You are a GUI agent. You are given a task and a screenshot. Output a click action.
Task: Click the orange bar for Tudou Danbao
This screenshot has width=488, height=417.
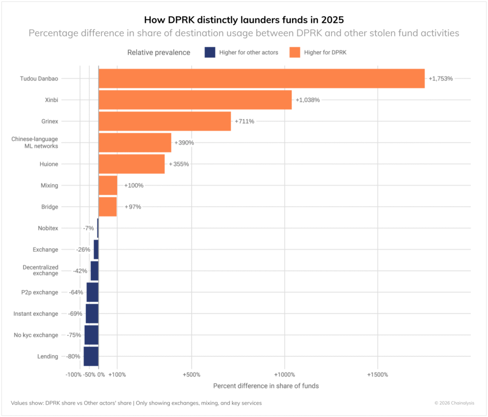(261, 79)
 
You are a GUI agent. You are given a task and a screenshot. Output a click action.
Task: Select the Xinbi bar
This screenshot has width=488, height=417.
(195, 100)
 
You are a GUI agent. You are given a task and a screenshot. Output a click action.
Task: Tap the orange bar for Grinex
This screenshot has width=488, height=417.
(164, 121)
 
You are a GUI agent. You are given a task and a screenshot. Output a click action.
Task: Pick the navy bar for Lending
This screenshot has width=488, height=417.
(91, 356)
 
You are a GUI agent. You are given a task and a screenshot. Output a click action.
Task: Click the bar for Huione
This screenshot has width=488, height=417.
(132, 164)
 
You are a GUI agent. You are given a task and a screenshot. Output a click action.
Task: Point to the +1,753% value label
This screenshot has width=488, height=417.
(440, 79)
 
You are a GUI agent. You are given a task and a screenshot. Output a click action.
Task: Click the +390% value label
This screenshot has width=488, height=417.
(184, 143)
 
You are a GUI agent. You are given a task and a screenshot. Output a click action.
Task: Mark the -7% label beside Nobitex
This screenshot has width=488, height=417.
(88, 229)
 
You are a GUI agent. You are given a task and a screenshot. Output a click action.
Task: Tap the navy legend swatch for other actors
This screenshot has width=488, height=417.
(211, 52)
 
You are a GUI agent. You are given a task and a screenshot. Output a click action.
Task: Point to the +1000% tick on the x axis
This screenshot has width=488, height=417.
(285, 375)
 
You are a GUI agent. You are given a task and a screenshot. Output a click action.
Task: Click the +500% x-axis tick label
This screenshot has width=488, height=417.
(191, 375)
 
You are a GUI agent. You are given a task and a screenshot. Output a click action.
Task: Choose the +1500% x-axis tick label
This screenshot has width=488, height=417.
(377, 375)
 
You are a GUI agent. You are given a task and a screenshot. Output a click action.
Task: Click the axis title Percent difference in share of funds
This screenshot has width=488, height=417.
(266, 386)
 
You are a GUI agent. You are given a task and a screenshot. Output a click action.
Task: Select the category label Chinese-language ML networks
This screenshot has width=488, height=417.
(35, 142)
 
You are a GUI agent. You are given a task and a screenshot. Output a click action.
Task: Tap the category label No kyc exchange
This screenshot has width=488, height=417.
(36, 335)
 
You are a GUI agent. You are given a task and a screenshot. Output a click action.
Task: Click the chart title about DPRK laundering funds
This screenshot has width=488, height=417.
(244, 20)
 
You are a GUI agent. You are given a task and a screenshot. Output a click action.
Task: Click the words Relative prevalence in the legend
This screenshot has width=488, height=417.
(159, 52)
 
